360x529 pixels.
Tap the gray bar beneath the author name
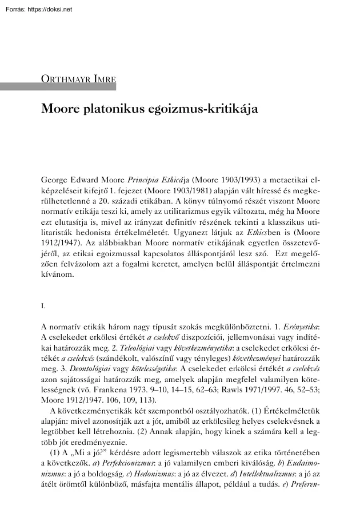(x=57, y=87)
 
